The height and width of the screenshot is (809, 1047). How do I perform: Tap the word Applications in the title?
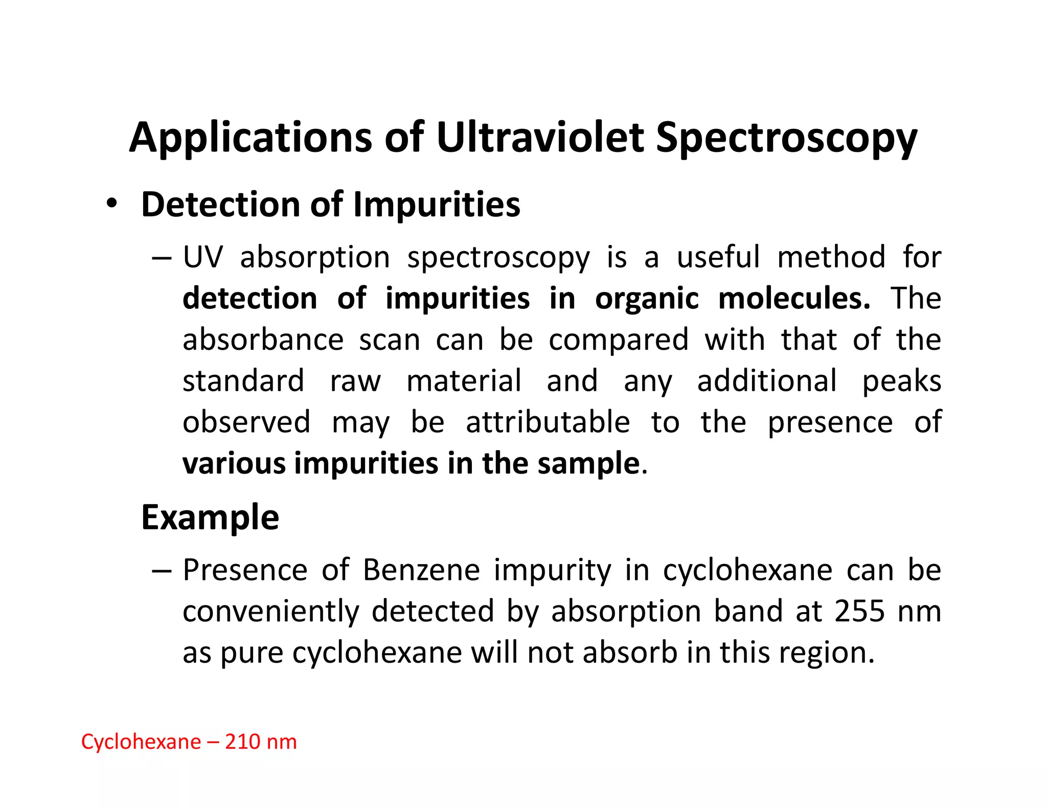(251, 138)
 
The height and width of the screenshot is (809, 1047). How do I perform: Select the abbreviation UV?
(203, 257)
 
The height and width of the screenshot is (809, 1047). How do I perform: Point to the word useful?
(718, 257)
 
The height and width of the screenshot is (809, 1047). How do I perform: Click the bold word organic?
(647, 298)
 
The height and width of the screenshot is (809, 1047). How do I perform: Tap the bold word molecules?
(794, 298)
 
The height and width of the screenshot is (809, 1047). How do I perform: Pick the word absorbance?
(263, 340)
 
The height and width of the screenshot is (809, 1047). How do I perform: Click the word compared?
(619, 340)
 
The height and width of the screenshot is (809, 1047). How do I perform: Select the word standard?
(243, 381)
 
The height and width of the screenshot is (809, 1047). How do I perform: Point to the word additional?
(767, 381)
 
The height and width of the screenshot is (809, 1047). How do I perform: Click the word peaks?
(902, 382)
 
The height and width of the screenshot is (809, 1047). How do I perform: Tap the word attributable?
(548, 422)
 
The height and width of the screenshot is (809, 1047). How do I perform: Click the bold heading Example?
(210, 518)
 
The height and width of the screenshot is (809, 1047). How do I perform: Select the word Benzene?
(421, 570)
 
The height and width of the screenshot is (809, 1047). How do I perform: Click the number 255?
(859, 611)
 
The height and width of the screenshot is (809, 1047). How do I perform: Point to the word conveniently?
(270, 612)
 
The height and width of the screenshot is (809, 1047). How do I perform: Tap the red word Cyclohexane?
(141, 742)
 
